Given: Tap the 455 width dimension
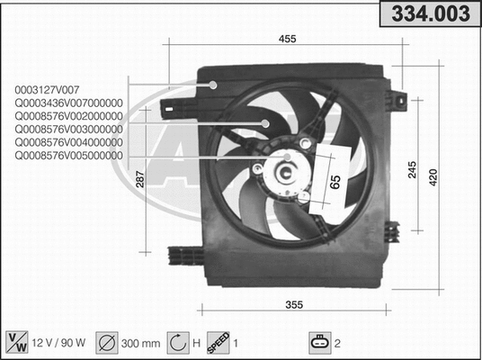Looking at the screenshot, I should click(287, 38).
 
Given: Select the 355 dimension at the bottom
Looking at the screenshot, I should click(293, 304).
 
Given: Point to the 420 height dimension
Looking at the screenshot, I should click(433, 177).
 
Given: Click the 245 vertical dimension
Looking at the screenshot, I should click(413, 168).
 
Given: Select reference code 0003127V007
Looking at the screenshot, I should click(47, 89).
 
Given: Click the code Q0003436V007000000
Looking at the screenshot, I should click(68, 103).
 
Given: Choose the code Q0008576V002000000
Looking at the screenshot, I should click(68, 116).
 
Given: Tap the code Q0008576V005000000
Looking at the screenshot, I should click(68, 155).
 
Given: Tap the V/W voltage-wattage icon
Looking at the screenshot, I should click(17, 341).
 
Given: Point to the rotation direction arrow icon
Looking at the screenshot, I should click(177, 342).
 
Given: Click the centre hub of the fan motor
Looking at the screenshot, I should click(287, 169).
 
